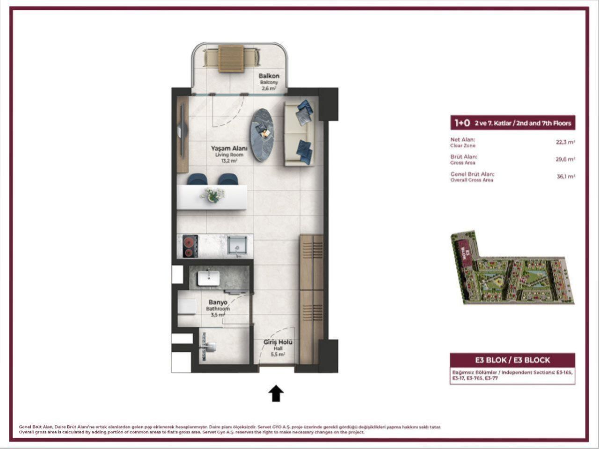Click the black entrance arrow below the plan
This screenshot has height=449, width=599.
pyautogui.click(x=276, y=393)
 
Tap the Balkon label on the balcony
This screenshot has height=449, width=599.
pyautogui.click(x=269, y=76)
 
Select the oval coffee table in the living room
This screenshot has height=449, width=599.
pyautogui.click(x=262, y=135)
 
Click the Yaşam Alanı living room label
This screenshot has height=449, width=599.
pyautogui.click(x=229, y=148)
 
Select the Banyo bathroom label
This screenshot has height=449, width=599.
pyautogui.click(x=218, y=303)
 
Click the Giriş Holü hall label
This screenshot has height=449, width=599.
pyautogui.click(x=278, y=342)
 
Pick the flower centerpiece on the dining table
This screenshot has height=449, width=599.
pyautogui.click(x=212, y=195)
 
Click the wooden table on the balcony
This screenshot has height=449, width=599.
pyautogui.click(x=231, y=58)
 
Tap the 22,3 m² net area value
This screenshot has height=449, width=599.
pyautogui.click(x=565, y=142)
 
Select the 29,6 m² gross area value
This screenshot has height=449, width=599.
pyautogui.click(x=565, y=159)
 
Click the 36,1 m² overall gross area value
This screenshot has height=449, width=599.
pyautogui.click(x=565, y=177)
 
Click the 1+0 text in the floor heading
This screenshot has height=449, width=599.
pyautogui.click(x=462, y=123)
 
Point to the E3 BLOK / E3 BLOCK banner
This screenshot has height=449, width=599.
pyautogui.click(x=512, y=360)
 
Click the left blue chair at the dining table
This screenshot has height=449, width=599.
pyautogui.click(x=197, y=179)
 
